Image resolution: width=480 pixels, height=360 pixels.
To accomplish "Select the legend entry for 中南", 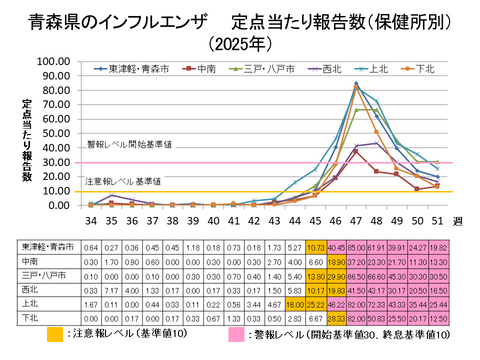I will point(204,69).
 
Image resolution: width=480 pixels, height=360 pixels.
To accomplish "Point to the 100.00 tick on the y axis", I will point(51,61).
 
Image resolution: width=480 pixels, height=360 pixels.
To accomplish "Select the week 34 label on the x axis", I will point(91,219).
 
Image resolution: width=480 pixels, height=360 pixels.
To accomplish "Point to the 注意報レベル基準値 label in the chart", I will point(122,181).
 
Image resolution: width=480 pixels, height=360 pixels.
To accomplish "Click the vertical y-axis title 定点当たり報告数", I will point(28,139).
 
